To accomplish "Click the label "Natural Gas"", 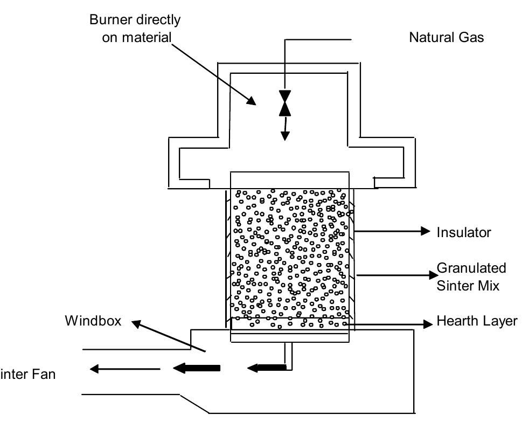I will [x=447, y=37].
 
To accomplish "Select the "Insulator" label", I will [x=464, y=232].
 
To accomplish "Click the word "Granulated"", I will [x=471, y=268].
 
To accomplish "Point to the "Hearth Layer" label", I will [x=476, y=321].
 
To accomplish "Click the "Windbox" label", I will [x=93, y=321].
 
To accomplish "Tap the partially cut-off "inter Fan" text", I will [x=27, y=373].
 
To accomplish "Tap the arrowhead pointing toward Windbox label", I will [x=138, y=323].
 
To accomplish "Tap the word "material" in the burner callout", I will [x=137, y=38].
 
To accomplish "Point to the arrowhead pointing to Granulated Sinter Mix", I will [x=430, y=275].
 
